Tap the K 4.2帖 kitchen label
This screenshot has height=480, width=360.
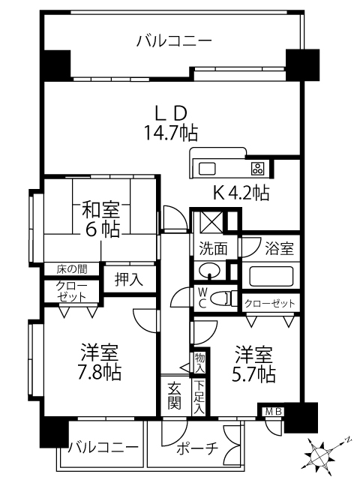pos(241,193)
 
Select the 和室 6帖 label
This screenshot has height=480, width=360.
pos(101,217)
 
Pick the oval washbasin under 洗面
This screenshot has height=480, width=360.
pos(208,271)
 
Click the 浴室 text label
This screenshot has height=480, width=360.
pos(277,247)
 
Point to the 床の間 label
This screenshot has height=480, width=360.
pos(71,268)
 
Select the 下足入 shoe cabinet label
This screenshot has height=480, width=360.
pos(199,395)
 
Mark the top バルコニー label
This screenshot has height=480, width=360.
pos(174,41)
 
